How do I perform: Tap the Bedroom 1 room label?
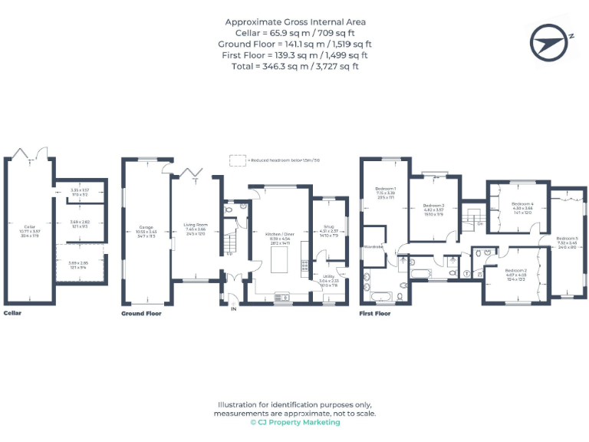coord(386,188)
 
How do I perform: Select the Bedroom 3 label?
coord(433,206)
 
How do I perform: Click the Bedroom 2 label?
coord(515,271)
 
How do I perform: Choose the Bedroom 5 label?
coord(567,239)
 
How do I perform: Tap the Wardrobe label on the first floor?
coord(374,247)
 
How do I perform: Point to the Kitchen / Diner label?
coord(279,233)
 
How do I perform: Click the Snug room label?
coord(328,226)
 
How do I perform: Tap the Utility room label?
coord(328,276)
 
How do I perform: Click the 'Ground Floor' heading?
coord(142,314)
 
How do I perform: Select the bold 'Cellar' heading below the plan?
coord(12,314)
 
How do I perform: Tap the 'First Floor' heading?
coord(375,314)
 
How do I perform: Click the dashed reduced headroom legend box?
coord(239,160)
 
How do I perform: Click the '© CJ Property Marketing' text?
coord(294,423)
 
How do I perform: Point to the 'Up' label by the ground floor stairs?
coord(230,254)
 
